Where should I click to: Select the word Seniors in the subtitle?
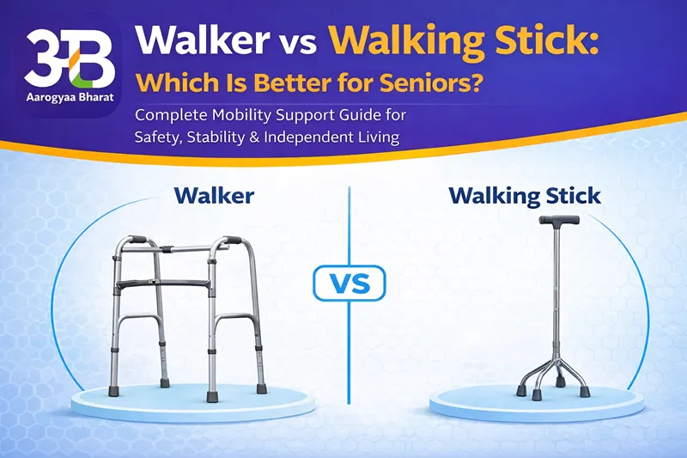click(x=455, y=86)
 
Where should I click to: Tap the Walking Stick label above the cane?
click(x=525, y=195)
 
